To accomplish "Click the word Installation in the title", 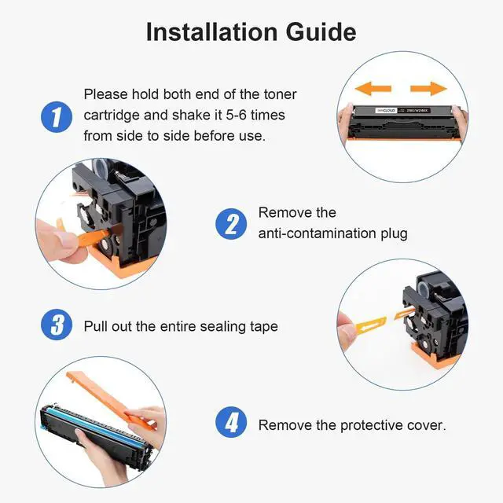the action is [x=211, y=32].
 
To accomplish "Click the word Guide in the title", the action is [x=321, y=32].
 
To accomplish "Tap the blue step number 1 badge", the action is [x=57, y=117].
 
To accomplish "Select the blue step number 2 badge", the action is [x=231, y=223].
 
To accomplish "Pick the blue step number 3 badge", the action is [x=57, y=325].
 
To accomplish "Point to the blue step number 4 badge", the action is [x=231, y=422].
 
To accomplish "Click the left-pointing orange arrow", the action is [x=373, y=88].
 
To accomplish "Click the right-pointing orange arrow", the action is [x=428, y=88].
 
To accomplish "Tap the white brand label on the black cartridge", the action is [x=386, y=110].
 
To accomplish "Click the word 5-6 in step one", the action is [x=236, y=116].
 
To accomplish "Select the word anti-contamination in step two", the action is [x=317, y=233].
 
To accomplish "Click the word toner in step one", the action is [x=280, y=94].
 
